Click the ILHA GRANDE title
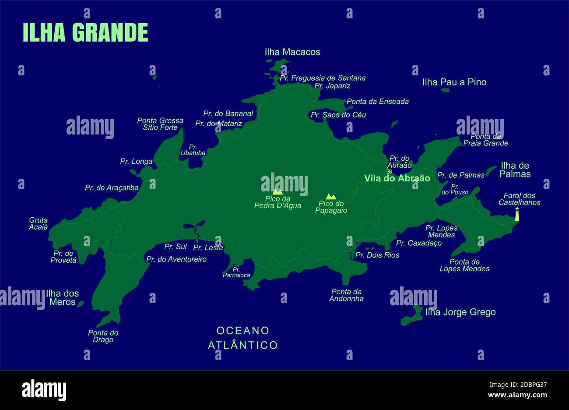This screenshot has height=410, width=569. (x=85, y=32)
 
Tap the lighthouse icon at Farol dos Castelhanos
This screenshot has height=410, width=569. (x=517, y=214)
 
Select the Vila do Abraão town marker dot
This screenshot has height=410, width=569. (x=389, y=171)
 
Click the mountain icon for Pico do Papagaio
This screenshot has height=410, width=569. (x=331, y=197)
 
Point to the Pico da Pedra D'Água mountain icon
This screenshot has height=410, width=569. (x=277, y=191)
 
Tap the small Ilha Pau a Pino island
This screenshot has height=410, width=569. (x=445, y=90)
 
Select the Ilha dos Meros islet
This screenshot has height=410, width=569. (x=81, y=304)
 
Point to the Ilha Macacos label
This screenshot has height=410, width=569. (x=292, y=52)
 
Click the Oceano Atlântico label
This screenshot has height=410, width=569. (x=243, y=338)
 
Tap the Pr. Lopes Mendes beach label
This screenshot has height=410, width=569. (x=441, y=231)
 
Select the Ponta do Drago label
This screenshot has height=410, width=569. (x=103, y=336)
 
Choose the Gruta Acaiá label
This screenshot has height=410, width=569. (x=39, y=223)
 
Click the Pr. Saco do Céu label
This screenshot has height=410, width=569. (x=338, y=115)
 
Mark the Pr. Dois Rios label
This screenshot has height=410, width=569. (x=377, y=255)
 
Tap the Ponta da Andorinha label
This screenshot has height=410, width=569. (x=347, y=295)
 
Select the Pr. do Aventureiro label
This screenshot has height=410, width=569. (x=176, y=259)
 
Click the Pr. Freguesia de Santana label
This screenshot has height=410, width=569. (x=323, y=78)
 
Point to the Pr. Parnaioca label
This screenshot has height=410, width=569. (x=236, y=272)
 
